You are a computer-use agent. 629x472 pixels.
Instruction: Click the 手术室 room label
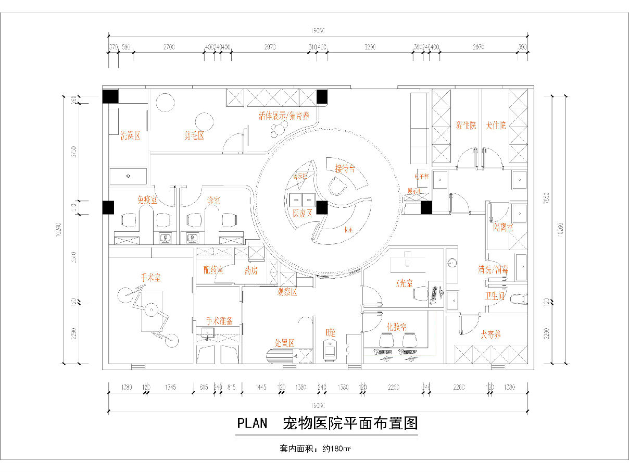point(150,278)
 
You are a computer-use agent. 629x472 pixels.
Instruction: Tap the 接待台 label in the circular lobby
point(345,168)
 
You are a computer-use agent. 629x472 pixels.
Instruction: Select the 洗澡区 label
point(131,136)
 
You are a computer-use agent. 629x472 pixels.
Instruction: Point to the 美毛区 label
point(193,136)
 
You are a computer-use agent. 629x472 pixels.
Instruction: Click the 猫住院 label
point(466,126)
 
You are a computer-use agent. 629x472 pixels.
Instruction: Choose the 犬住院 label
point(495,126)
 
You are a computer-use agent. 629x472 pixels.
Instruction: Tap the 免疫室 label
point(147,200)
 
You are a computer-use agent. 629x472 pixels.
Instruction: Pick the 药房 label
point(251,270)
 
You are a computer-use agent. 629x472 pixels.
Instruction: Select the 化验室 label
point(397,327)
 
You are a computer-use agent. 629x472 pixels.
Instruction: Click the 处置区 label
point(285,343)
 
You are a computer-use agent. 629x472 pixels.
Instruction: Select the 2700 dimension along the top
point(169,47)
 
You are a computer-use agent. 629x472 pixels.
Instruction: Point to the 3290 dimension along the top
point(370,47)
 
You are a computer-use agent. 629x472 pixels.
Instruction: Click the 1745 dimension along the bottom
point(170,387)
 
